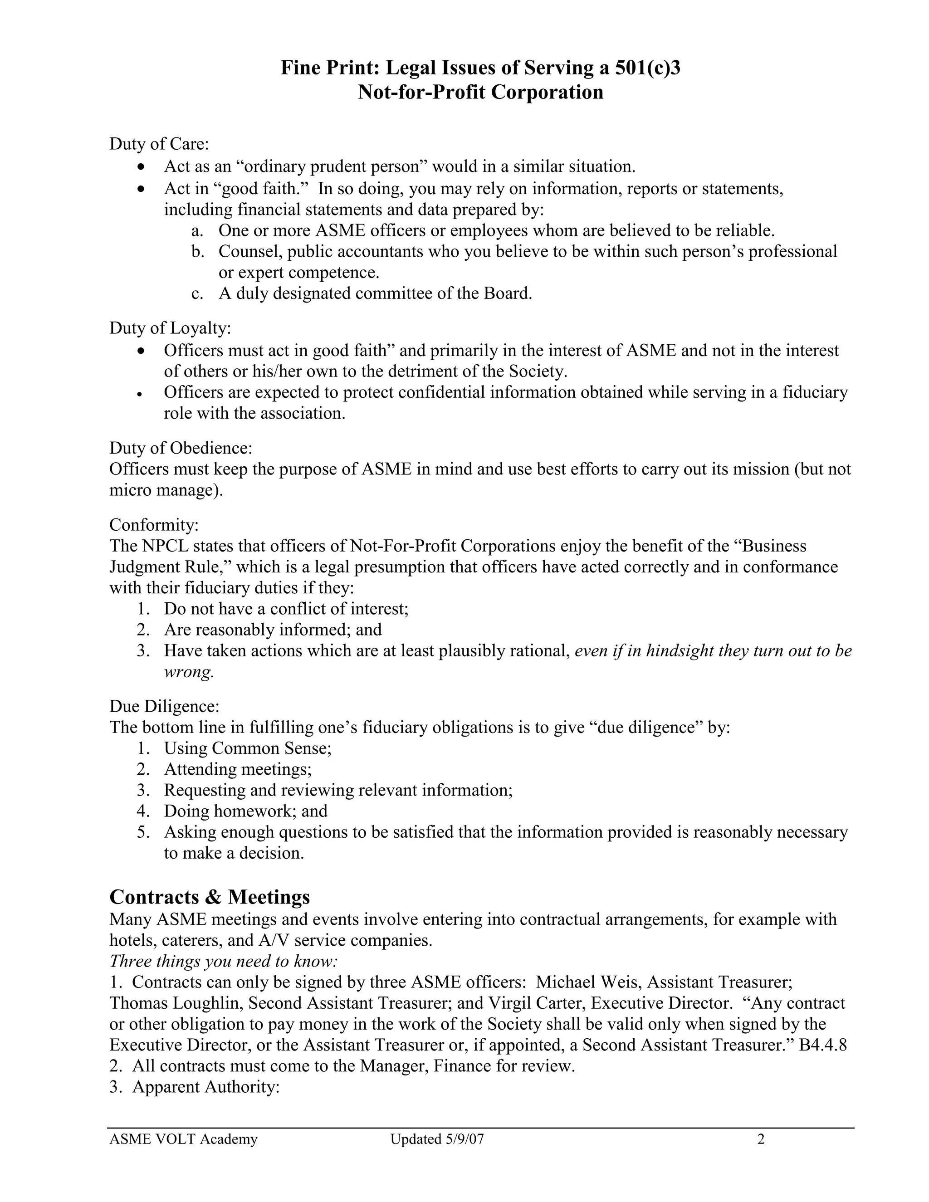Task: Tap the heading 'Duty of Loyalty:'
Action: pos(170,328)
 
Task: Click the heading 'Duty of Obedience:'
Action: pos(181,448)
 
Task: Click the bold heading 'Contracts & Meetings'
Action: pos(210,897)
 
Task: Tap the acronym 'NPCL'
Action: pos(165,546)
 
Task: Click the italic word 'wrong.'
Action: pos(188,672)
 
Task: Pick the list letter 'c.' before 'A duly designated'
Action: pos(198,294)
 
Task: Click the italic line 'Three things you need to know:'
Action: pos(224,961)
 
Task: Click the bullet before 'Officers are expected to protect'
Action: pos(141,394)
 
